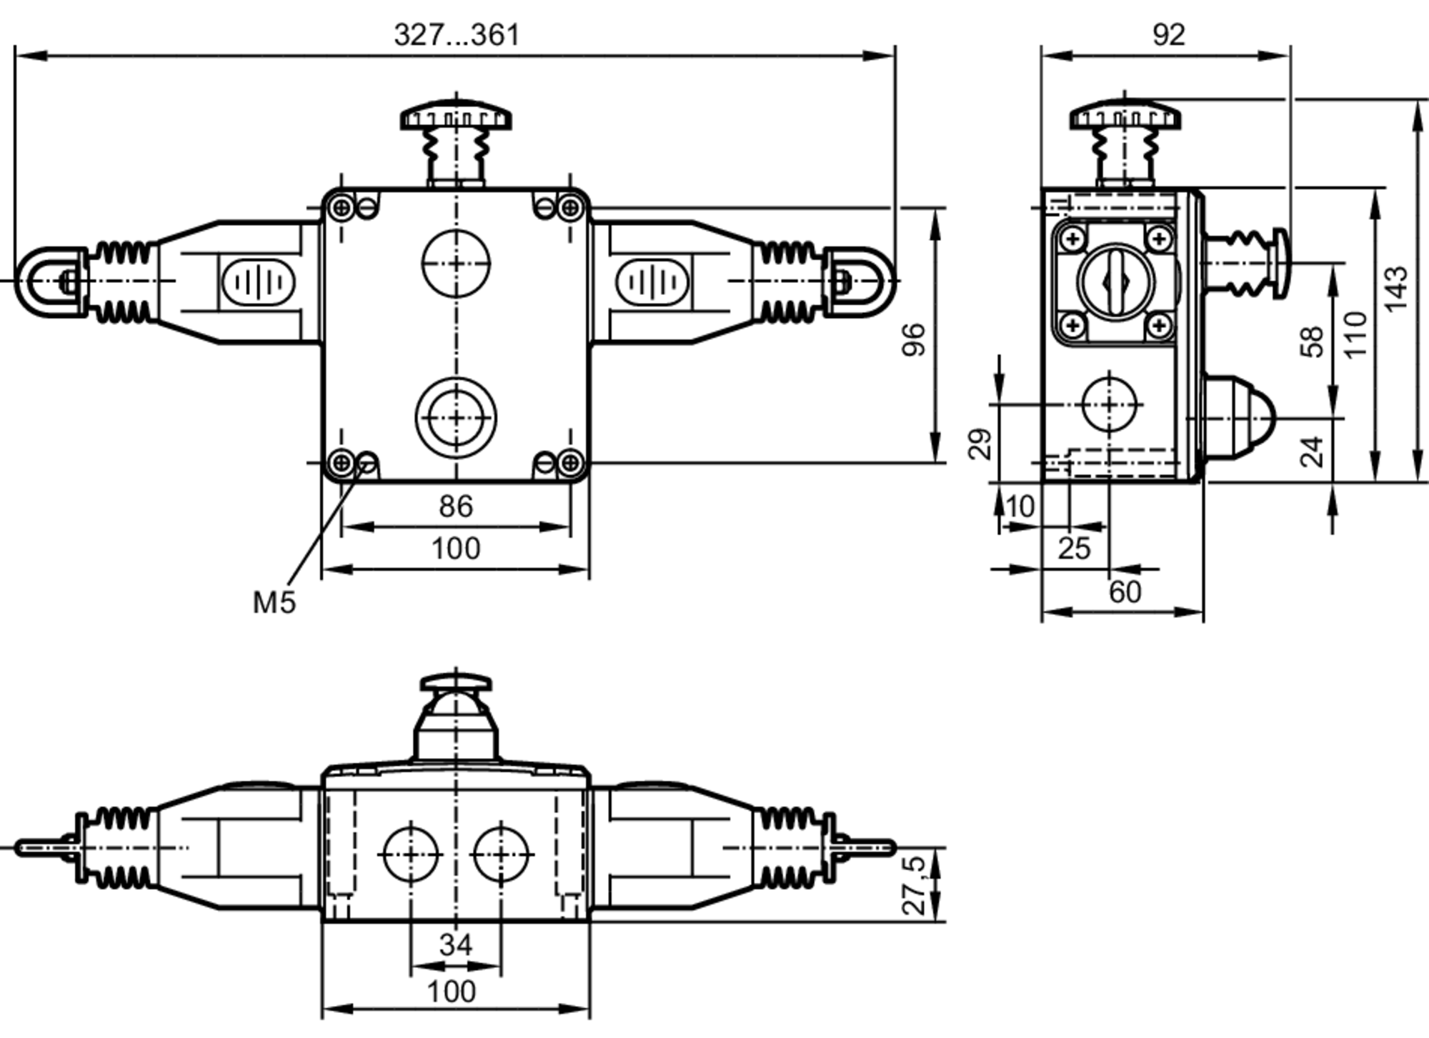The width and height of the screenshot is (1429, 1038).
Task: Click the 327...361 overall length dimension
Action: [x=457, y=34]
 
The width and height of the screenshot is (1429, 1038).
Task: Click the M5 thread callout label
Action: [x=274, y=602]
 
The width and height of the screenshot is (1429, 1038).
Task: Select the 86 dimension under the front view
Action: [x=455, y=506]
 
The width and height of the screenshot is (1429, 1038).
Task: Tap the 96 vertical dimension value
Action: [x=914, y=339]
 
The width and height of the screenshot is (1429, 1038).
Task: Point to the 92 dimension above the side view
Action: [x=1168, y=34]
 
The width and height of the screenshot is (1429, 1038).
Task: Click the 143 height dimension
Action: [x=1396, y=289]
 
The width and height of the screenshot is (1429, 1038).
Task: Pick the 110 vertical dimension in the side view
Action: [x=1355, y=334]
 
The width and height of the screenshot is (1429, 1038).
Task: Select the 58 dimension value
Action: [x=1312, y=341]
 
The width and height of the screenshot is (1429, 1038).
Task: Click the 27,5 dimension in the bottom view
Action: [x=914, y=886]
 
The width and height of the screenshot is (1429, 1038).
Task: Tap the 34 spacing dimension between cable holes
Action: [x=455, y=944]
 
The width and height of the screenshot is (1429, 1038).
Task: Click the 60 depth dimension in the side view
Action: [x=1125, y=592]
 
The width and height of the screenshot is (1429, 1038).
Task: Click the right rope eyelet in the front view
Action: [x=860, y=281]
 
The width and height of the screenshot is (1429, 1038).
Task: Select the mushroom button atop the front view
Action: [x=456, y=118]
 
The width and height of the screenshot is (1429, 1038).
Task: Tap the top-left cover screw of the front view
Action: [x=342, y=208]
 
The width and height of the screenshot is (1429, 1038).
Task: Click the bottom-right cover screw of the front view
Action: [x=569, y=464]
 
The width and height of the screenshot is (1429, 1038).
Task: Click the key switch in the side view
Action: [x=1115, y=281]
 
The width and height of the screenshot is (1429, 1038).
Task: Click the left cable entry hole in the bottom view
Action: [x=410, y=854]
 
